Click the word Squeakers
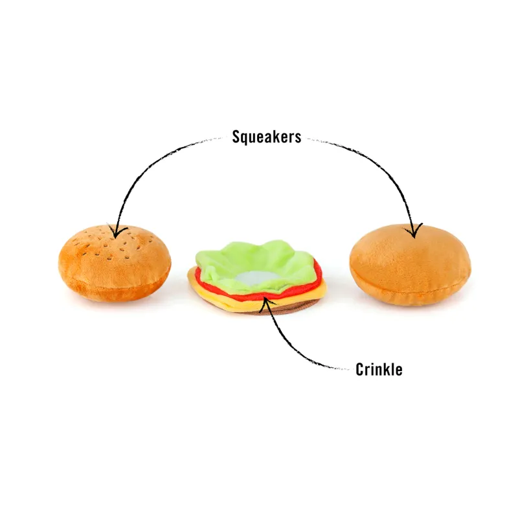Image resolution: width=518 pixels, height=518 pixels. coord(267,137)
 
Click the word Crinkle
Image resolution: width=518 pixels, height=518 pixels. coord(379,369)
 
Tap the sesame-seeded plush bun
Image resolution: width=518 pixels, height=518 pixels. coord(115,264)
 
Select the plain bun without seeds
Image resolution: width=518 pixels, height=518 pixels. coord(411,265)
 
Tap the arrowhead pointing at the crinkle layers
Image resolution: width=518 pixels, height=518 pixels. coord(266,301)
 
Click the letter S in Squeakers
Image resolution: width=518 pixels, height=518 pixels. coord(236,136)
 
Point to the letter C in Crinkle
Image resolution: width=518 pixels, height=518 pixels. coord(359,369)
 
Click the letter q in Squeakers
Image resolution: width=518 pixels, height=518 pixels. coord(245,138)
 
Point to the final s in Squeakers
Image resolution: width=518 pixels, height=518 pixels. coord(298,138)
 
